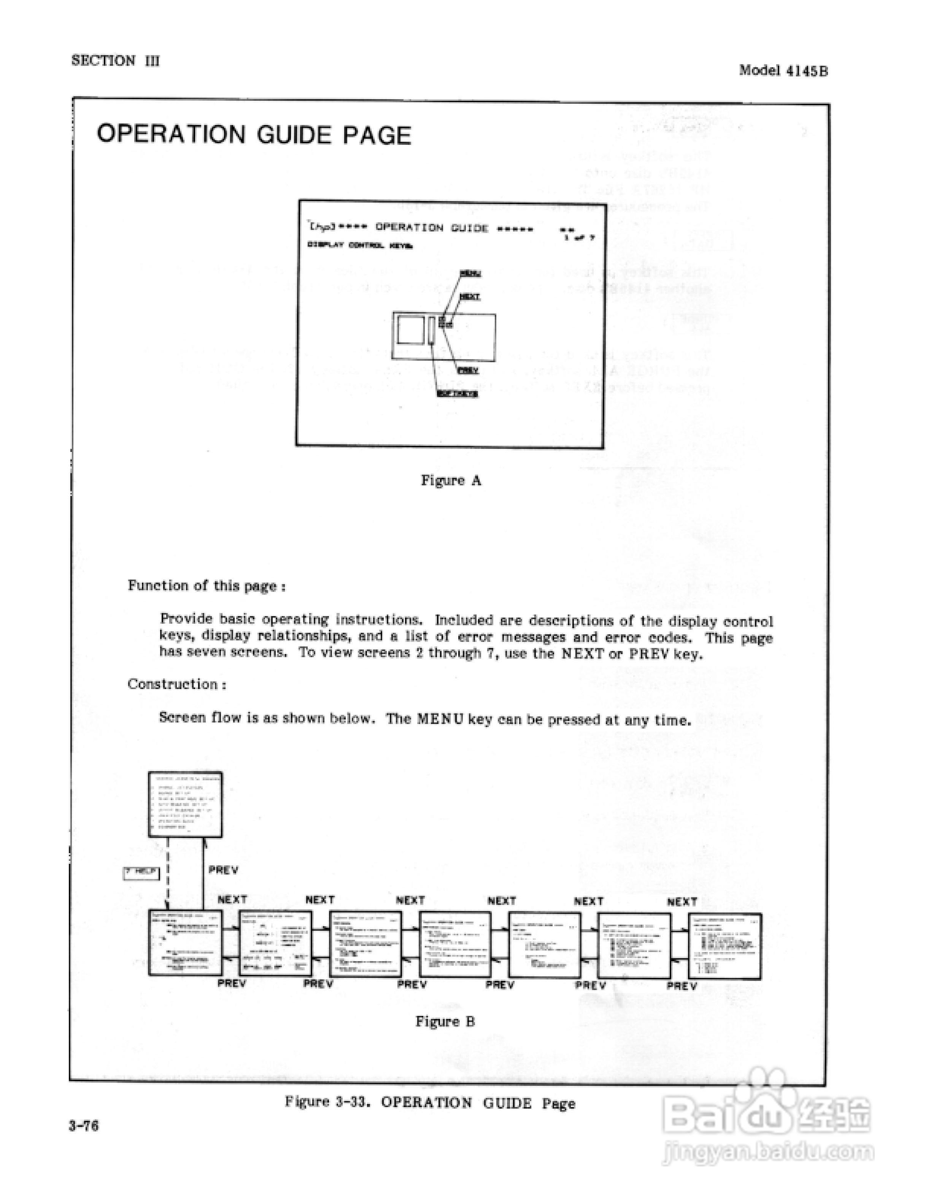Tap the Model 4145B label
pos(783,71)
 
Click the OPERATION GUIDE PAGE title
pos(254,135)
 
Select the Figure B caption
pos(445,1022)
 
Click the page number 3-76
pos(84,1125)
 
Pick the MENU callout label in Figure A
pos(470,273)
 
